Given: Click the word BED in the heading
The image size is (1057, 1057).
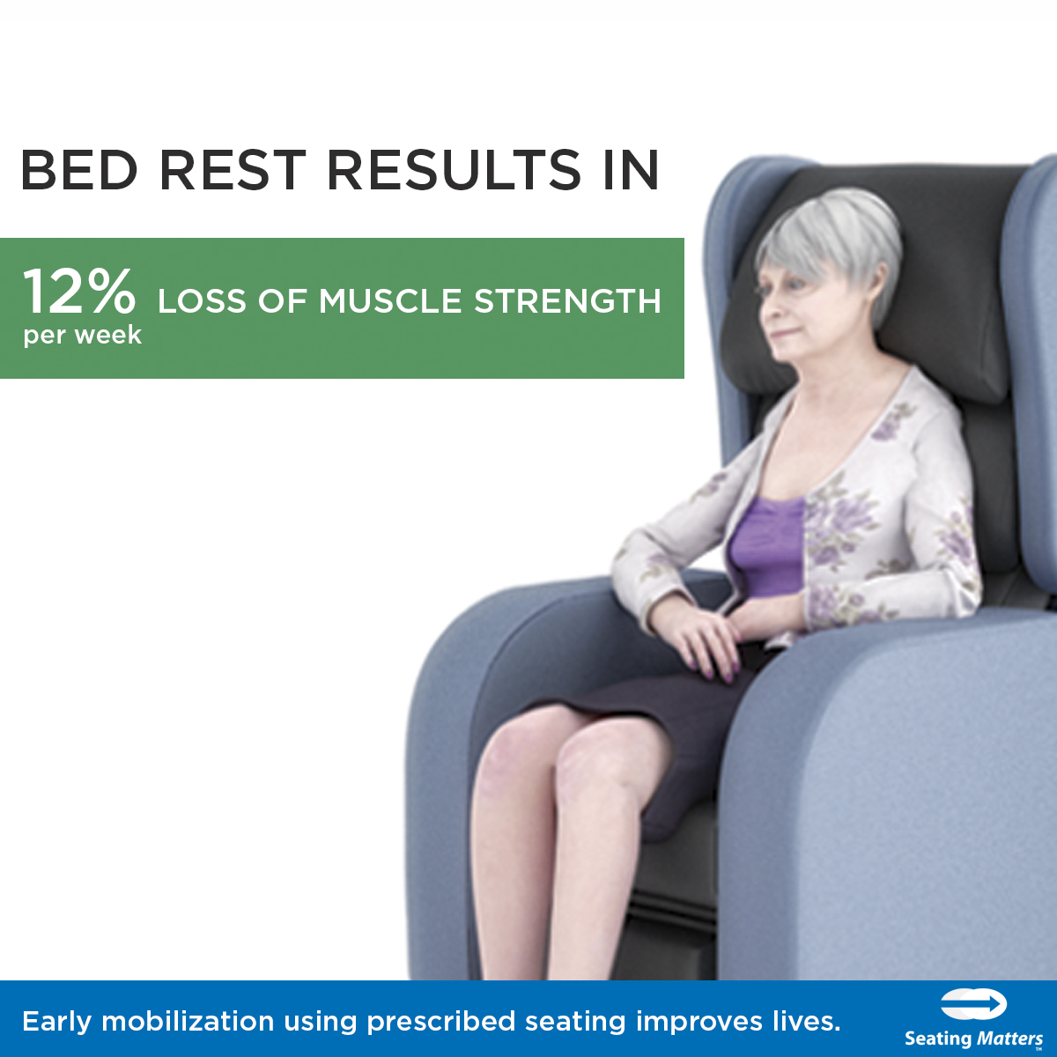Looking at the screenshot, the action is (79, 170).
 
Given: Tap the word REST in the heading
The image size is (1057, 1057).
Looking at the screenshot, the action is (233, 170).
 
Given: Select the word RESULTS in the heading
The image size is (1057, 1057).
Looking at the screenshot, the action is (454, 170).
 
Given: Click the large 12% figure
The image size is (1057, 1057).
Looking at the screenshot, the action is (79, 292).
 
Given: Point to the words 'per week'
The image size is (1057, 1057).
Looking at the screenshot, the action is (82, 335).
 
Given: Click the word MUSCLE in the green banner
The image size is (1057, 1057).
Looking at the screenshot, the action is (389, 301).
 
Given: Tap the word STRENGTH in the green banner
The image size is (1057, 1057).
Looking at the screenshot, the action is (567, 301).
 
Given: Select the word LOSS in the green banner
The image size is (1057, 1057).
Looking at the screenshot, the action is (202, 301).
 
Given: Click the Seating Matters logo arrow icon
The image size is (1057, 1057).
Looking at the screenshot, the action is (974, 1005).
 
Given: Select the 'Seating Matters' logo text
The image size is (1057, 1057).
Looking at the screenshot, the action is (973, 1039).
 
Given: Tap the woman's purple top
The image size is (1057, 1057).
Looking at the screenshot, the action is (767, 546).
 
